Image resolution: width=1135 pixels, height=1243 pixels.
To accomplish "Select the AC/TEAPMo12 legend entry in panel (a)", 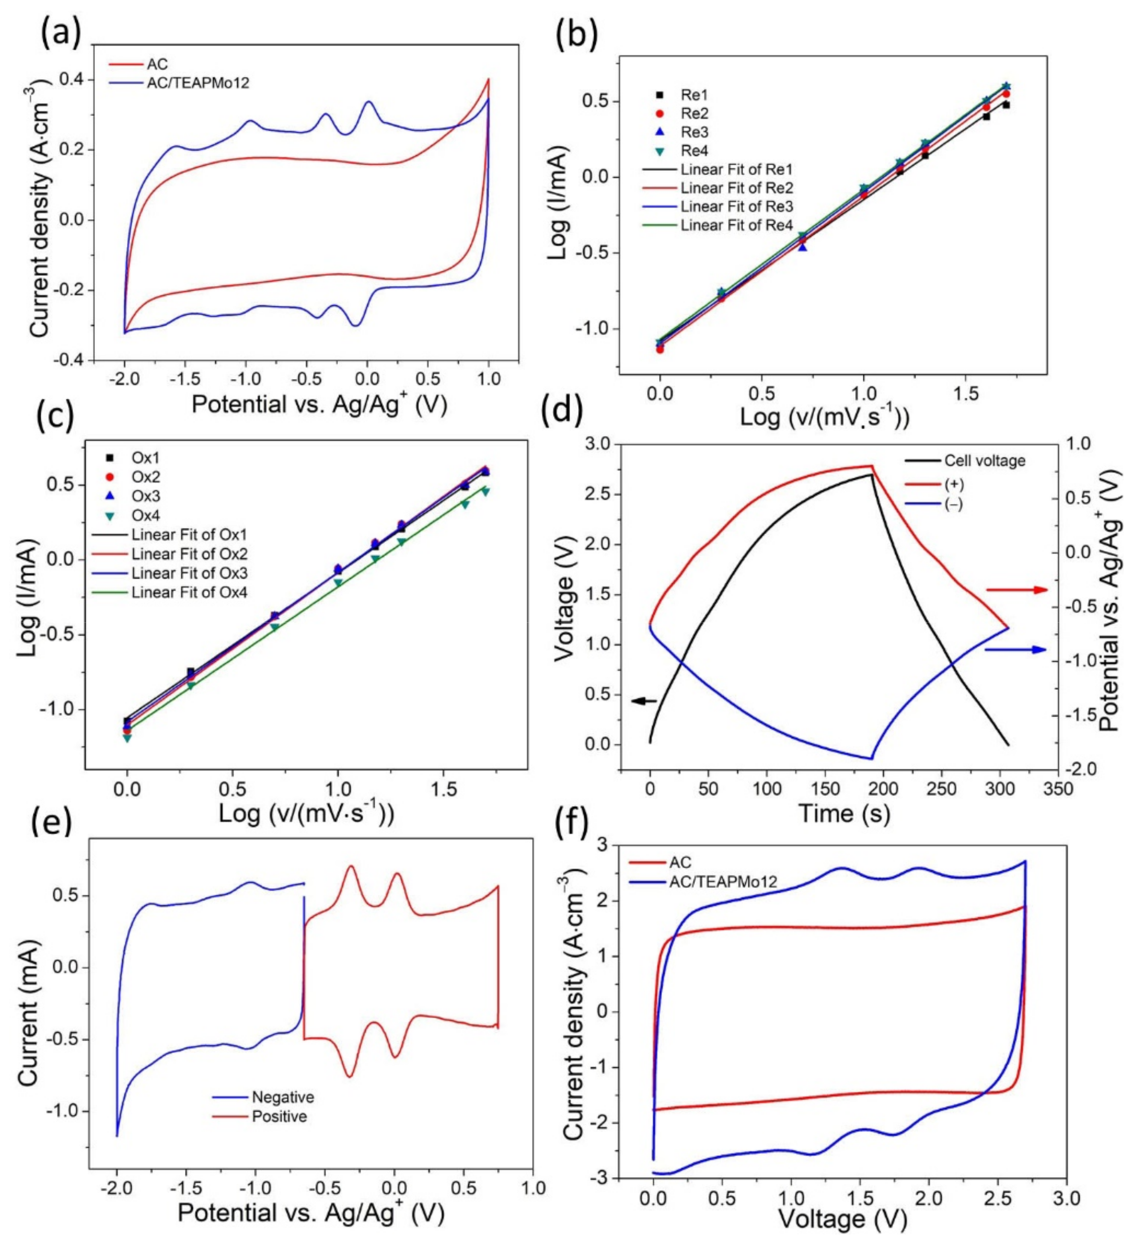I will (x=197, y=82).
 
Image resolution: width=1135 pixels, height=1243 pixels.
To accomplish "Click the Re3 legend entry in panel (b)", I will (x=694, y=132).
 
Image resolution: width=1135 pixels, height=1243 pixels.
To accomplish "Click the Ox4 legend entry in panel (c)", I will (x=145, y=515).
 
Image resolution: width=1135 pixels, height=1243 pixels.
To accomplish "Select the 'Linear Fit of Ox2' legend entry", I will (x=188, y=554).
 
